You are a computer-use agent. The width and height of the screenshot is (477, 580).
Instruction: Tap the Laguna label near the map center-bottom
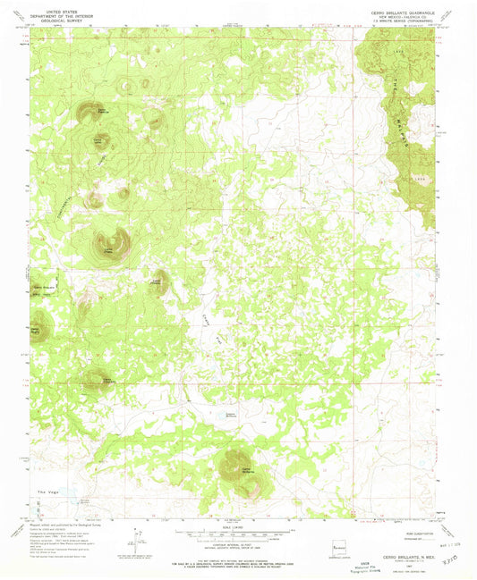coord(231,413)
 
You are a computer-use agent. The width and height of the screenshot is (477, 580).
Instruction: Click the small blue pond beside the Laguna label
coord(220,415)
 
